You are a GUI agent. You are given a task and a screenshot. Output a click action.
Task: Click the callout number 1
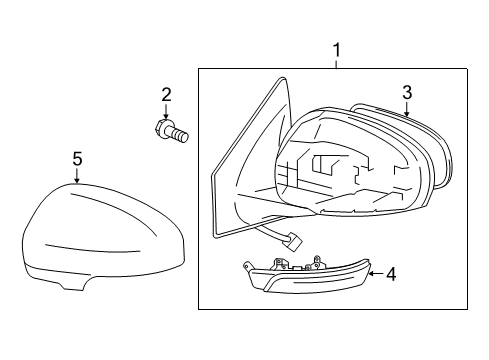pos(336,49)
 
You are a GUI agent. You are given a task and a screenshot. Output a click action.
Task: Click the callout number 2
pos(166,95)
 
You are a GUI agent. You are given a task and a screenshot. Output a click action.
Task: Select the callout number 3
pos(408,93)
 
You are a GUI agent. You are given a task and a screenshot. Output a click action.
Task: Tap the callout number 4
pos(391,273)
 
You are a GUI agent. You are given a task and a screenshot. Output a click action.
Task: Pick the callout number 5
pos(77,158)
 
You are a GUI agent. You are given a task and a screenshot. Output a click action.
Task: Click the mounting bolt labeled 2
pos(173,130)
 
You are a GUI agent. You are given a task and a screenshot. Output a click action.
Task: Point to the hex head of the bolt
pos(164,128)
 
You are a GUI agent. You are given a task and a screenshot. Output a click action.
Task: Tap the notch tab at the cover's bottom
pos(69,286)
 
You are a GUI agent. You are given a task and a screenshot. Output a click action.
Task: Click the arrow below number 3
pos(408,111)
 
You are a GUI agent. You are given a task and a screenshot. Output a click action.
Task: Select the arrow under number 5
pos(77,175)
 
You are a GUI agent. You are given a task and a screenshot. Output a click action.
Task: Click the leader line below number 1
pos(336,62)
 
